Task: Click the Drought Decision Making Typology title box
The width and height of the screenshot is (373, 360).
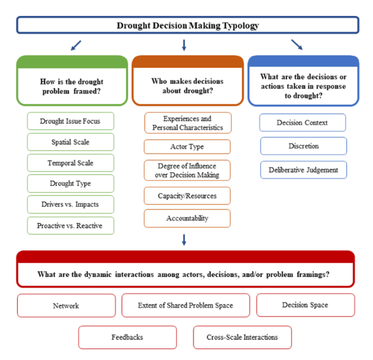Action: click(x=188, y=25)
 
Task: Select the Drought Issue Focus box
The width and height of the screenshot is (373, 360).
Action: click(x=70, y=121)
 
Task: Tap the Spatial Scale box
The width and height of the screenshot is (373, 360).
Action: click(x=70, y=142)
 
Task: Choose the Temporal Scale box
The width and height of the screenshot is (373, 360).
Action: click(x=70, y=163)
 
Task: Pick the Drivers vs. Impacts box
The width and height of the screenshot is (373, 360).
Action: click(x=70, y=204)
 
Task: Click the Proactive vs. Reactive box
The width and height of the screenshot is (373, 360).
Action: click(x=70, y=225)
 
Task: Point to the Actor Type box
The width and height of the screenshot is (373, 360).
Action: click(x=187, y=147)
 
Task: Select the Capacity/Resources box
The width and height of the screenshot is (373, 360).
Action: click(x=187, y=196)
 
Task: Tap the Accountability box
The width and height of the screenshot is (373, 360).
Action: click(x=187, y=218)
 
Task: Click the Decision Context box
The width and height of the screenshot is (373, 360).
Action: click(x=303, y=123)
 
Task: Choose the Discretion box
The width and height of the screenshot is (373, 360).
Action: click(x=303, y=146)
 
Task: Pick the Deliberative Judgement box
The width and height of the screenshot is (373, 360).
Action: click(x=303, y=170)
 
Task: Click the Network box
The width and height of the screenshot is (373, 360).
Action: click(x=67, y=305)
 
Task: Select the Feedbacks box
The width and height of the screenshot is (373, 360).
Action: click(x=128, y=337)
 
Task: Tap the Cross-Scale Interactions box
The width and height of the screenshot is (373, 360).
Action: click(x=242, y=337)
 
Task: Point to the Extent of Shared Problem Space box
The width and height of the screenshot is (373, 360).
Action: click(x=186, y=305)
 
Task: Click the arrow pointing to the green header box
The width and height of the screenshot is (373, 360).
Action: click(x=76, y=46)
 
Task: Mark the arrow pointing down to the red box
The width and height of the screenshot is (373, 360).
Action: click(x=184, y=240)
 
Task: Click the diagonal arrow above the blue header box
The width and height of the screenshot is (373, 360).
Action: click(x=297, y=44)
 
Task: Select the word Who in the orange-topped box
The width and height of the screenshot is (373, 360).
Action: click(x=159, y=81)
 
